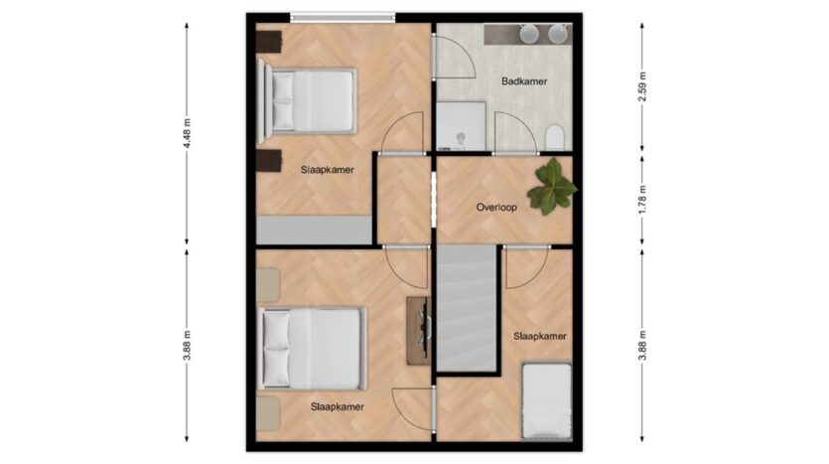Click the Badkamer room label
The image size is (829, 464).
tap(524, 81)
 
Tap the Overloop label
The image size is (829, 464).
tap(496, 208)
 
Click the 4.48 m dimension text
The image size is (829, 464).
tap(187, 133)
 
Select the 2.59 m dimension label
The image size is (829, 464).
tap(642, 85)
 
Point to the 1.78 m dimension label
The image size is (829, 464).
tap(642, 200)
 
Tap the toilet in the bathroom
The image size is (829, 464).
tap(555, 136)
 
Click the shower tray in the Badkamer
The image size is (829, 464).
tap(461, 126)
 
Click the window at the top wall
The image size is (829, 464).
tap(343, 18)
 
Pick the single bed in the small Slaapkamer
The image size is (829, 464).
tap(547, 401)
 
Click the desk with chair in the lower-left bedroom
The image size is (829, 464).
tap(420, 331)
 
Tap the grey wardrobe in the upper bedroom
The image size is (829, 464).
tap(315, 231)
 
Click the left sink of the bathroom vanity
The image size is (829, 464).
tap(529, 34)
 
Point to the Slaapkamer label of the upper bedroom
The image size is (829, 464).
tap(328, 170)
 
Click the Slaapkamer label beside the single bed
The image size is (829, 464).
tap(540, 336)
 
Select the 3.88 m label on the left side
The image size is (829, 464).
tap(187, 346)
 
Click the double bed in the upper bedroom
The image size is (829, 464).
tap(307, 101)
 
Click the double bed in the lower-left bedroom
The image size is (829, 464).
tap(313, 349)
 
